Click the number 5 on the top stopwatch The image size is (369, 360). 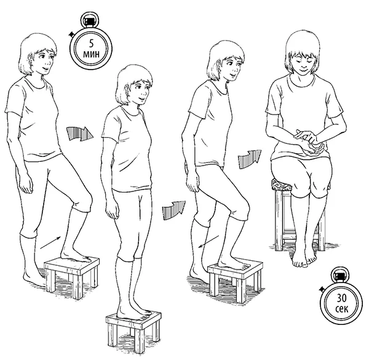click(91, 44)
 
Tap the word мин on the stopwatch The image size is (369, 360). click(91, 54)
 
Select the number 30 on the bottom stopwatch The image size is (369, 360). click(341, 298)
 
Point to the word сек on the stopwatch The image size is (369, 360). click(342, 308)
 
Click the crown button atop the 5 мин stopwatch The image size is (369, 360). click(90, 20)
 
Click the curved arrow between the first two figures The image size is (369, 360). click(79, 134)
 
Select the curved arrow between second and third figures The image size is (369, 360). click(173, 210)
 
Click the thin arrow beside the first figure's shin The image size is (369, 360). click(50, 242)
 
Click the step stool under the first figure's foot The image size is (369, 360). click(72, 276)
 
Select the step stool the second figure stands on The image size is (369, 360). click(133, 331)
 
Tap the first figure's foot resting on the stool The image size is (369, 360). click(76, 255)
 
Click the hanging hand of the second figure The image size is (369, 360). click(112, 212)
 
